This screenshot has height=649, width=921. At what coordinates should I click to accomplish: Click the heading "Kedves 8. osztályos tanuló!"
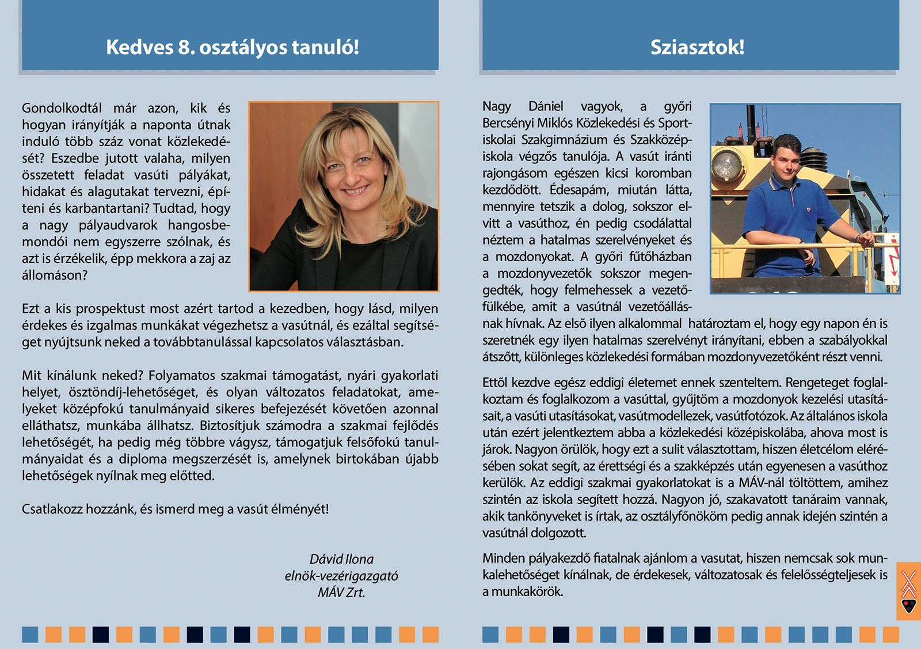tap(232, 47)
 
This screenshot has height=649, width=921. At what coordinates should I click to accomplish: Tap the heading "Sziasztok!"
tap(697, 47)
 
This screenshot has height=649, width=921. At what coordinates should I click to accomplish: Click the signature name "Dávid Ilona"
tap(341, 559)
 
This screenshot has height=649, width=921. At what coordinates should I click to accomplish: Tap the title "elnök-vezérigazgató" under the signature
tap(341, 576)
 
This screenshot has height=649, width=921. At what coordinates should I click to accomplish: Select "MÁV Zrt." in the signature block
tap(341, 593)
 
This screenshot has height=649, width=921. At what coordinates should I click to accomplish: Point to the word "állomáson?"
tap(55, 275)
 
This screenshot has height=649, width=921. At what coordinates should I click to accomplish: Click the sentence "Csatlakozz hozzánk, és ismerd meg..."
tap(175, 509)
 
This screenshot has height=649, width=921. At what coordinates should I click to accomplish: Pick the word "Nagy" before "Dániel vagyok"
tap(497, 106)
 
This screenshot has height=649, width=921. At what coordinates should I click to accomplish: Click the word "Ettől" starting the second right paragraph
tap(495, 383)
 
